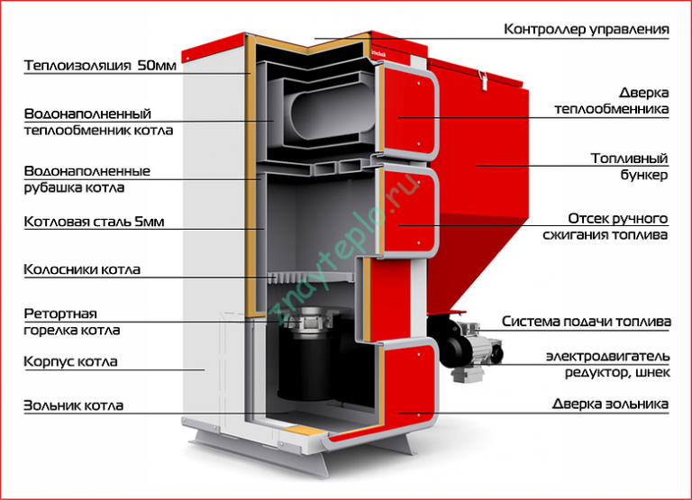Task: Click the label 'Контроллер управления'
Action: [x=586, y=29]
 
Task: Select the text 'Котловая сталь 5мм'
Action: [x=83, y=221]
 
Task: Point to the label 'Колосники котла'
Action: [x=82, y=268]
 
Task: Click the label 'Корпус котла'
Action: [x=71, y=362]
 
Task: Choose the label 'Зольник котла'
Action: [x=74, y=405]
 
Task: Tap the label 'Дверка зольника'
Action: [x=611, y=404]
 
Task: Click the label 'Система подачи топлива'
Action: [x=586, y=322]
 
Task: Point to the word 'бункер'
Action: [x=645, y=175]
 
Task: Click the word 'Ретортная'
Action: [x=60, y=314]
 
